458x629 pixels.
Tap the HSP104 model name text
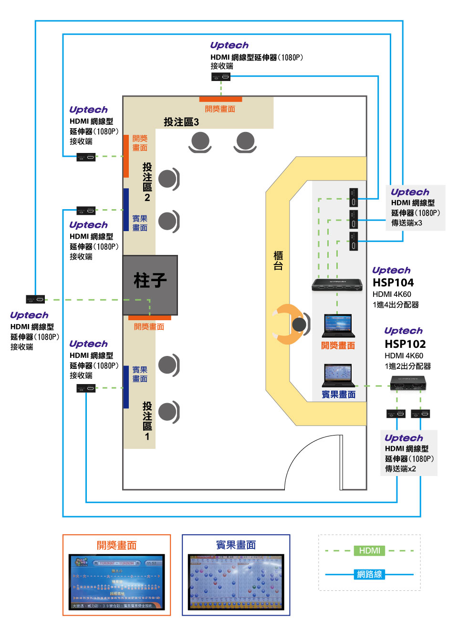pos(393,283)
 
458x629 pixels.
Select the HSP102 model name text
pos(405,344)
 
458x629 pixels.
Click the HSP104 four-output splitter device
pos(337,285)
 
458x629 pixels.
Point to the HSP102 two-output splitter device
pos(408,383)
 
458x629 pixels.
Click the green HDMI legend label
pos(370,551)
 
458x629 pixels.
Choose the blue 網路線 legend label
pos(370,574)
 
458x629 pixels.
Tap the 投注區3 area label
pos(181,122)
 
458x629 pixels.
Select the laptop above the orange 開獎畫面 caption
pos(338,326)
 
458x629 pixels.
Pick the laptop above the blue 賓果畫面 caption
pos(338,375)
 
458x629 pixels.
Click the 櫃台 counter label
pos(278,261)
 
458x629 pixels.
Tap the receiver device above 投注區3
pos(221,77)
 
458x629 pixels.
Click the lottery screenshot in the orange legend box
pos(116,582)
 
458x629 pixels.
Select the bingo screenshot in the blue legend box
pos(236,582)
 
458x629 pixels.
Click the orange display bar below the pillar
pos(149,318)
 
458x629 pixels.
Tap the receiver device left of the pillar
pos(35,299)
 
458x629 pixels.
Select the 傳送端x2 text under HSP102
pos(400,469)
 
